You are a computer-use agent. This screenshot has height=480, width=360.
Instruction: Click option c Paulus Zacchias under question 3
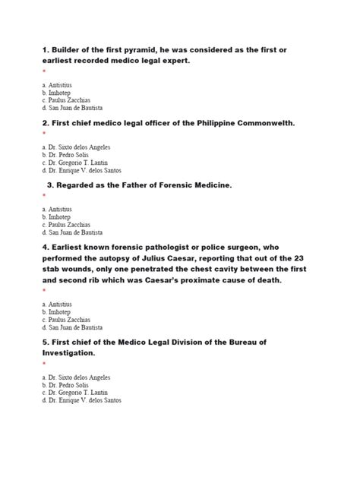[x=68, y=224]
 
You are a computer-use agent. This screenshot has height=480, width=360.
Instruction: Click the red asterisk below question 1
[x=44, y=72]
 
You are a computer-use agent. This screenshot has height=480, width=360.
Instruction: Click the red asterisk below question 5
[x=44, y=365]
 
